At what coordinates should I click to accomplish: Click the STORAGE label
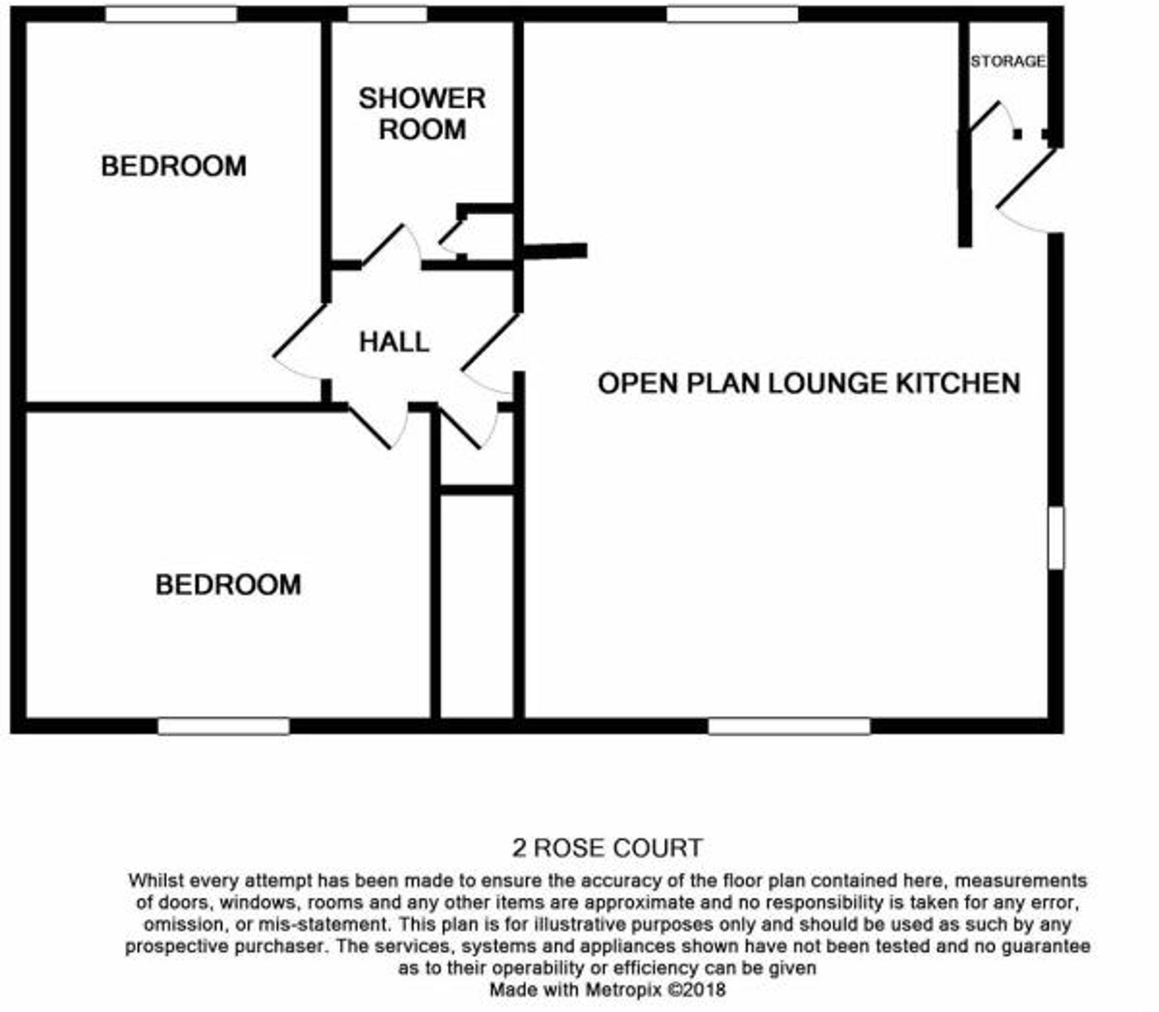point(1008,61)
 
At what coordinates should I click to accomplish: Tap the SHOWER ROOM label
point(422,114)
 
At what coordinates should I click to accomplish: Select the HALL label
point(394,342)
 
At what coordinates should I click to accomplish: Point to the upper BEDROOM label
point(173,166)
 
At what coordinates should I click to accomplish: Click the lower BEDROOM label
point(228,584)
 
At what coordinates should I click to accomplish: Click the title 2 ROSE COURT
point(607,849)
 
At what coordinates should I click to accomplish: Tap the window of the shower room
point(387,14)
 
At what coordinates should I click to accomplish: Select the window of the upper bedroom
point(171,14)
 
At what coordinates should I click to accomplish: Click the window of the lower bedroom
point(223,726)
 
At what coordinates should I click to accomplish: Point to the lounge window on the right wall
point(1056,537)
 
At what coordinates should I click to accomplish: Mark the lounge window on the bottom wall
point(789,726)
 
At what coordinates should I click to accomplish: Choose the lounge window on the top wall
point(732,14)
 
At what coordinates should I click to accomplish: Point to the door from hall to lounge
point(490,342)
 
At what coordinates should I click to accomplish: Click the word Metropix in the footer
point(623,989)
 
